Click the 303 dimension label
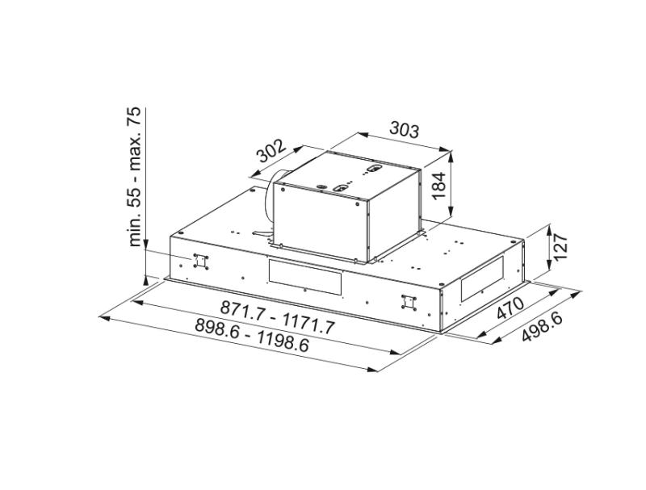pyautogui.click(x=405, y=130)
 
